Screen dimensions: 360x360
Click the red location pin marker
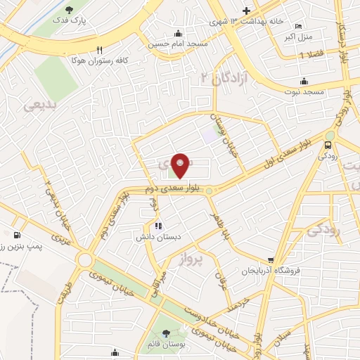[181, 165]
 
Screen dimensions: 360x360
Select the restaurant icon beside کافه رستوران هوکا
[99, 50]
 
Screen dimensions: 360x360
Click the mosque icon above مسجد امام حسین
[179, 32]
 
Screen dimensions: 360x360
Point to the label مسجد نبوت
[303, 91]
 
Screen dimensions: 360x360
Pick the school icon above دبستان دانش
[157, 226]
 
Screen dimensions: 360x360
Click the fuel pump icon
[16, 235]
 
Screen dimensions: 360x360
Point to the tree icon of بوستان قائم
[166, 333]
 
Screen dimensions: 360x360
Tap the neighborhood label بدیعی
[38, 106]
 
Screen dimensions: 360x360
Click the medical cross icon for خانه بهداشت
[245, 11]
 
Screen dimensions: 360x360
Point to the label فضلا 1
[311, 54]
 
